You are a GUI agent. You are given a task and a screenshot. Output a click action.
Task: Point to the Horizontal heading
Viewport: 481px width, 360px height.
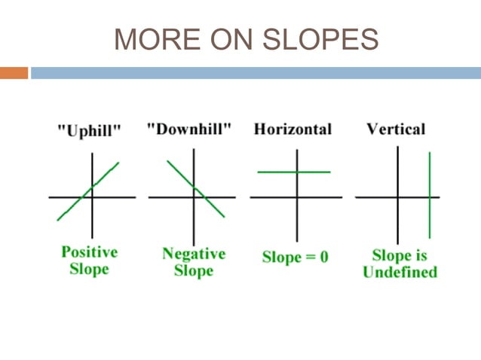[x=293, y=129]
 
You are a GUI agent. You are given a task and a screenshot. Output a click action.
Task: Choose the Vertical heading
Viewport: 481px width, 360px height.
[x=396, y=129]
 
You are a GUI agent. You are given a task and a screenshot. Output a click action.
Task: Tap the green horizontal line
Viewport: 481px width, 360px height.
[x=275, y=172]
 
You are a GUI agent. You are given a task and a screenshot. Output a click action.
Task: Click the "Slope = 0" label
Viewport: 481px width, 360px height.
[x=295, y=257]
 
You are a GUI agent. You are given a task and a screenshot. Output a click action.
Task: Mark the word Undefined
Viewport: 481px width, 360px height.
[x=400, y=272]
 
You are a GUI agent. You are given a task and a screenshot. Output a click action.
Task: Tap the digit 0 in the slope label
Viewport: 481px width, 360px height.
[x=323, y=257]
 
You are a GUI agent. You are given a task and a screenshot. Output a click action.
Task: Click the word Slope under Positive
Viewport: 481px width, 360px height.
[x=89, y=269]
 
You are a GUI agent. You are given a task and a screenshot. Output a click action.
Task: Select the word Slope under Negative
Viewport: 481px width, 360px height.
[x=194, y=270]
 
